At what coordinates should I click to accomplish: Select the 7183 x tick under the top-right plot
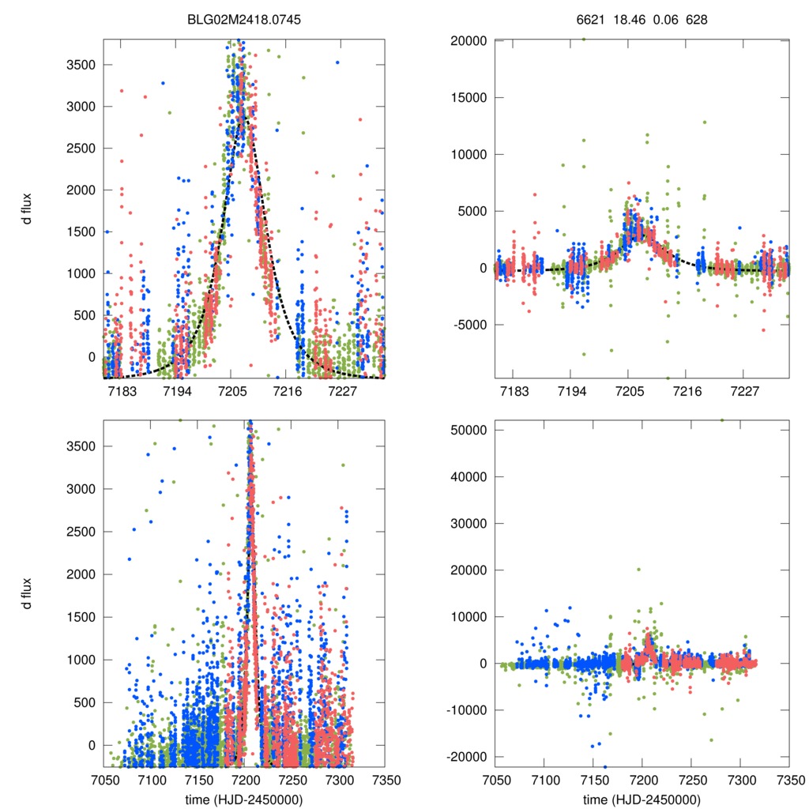[x=514, y=391]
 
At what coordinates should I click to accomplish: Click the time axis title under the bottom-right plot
[x=642, y=799]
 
